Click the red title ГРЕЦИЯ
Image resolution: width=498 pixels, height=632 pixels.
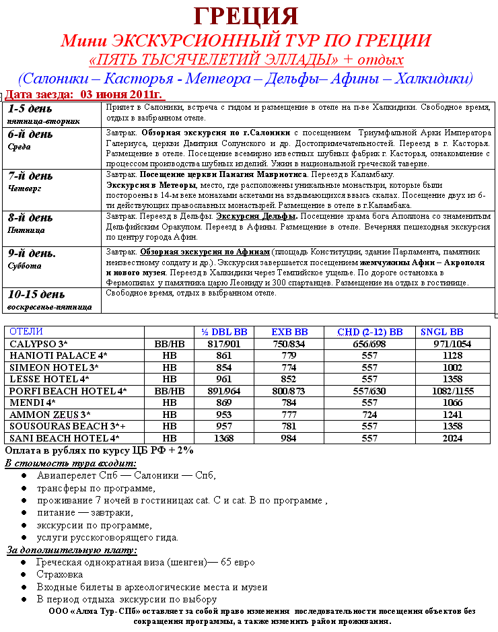[x=246, y=15]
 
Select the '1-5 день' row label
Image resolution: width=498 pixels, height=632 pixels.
[x=30, y=108]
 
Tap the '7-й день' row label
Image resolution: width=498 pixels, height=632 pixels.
[x=30, y=176]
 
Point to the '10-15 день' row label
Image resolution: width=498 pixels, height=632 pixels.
[x=36, y=294]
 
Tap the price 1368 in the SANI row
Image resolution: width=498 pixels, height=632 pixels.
[x=225, y=438]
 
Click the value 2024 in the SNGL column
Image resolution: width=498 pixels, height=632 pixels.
[x=453, y=438]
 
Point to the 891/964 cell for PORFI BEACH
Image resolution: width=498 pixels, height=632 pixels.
[x=225, y=390]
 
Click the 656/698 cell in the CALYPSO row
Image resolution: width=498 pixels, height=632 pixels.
[x=369, y=343]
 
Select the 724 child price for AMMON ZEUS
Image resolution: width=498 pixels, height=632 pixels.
[x=369, y=415]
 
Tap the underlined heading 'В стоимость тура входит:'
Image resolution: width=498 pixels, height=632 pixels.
[x=70, y=463]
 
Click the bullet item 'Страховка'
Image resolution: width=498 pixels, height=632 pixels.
[x=60, y=574]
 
